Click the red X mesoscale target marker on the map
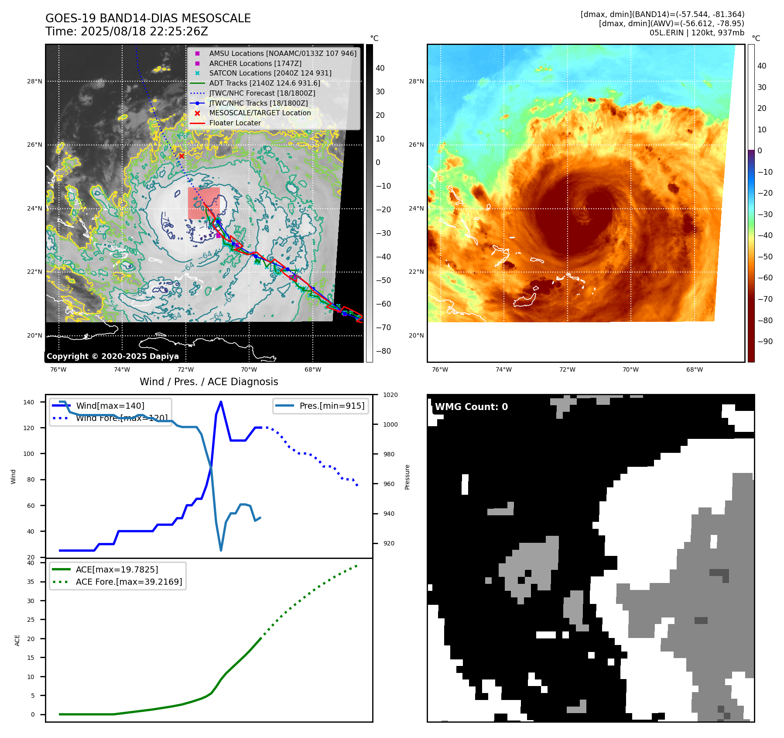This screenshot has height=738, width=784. (181, 156)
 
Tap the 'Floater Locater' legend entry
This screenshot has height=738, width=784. (235, 123)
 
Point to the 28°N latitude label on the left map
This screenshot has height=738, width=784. (35, 81)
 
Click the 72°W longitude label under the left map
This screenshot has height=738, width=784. (185, 369)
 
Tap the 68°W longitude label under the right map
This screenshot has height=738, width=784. (695, 369)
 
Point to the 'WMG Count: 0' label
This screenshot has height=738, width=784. (471, 407)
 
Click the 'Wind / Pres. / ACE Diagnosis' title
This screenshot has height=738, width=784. (209, 382)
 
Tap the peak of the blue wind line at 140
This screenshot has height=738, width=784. (221, 402)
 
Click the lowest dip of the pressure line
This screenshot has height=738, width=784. (221, 550)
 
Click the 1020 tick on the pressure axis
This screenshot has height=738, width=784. (390, 395)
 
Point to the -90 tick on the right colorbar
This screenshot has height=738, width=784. (765, 341)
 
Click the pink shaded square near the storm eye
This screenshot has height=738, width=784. (204, 203)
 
